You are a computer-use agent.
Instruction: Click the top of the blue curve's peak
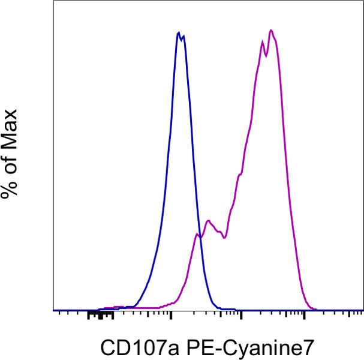tap(179, 32)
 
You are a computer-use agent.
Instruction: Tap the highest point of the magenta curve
tap(271, 30)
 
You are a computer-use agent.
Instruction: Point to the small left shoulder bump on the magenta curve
tap(208, 221)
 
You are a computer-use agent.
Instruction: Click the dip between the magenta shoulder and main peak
tap(223, 238)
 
